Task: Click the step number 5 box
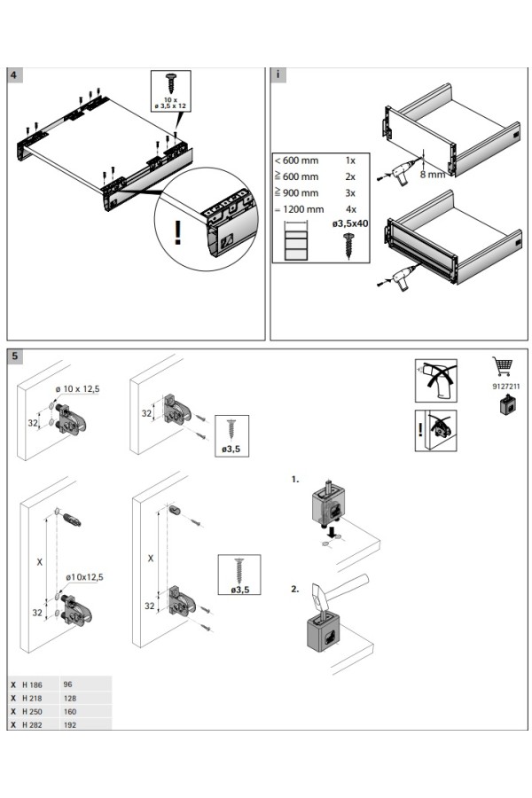tap(15, 356)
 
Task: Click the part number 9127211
tap(503, 387)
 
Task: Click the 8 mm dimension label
tap(432, 175)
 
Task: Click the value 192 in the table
tap(70, 724)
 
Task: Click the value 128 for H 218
tap(70, 698)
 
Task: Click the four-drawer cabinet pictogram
tap(295, 242)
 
